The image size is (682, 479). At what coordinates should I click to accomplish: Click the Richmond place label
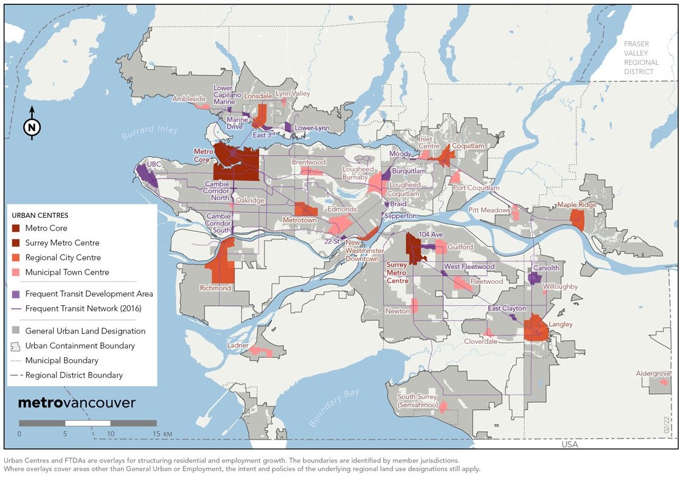[x=215, y=288]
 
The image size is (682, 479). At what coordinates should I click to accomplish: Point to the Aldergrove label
[x=653, y=373]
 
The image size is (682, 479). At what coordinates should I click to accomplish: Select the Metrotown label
[x=299, y=220]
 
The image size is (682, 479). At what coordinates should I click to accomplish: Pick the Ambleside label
[x=189, y=98]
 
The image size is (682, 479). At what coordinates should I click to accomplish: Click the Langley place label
[x=561, y=324]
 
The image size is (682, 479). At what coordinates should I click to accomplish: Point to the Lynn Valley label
[x=293, y=94]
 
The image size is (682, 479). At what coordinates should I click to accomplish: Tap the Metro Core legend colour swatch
[x=16, y=228]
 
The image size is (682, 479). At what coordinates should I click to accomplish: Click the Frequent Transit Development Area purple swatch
[x=16, y=294]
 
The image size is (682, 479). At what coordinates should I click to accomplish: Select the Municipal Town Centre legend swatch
[x=16, y=272]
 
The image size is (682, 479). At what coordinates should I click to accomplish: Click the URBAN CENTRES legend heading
[x=40, y=215]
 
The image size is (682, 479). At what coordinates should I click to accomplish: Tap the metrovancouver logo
[x=76, y=403]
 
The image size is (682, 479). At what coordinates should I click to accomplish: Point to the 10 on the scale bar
[x=111, y=434]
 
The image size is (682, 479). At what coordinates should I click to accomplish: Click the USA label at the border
[x=569, y=444]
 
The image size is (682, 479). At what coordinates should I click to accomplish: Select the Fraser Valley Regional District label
[x=641, y=58]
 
